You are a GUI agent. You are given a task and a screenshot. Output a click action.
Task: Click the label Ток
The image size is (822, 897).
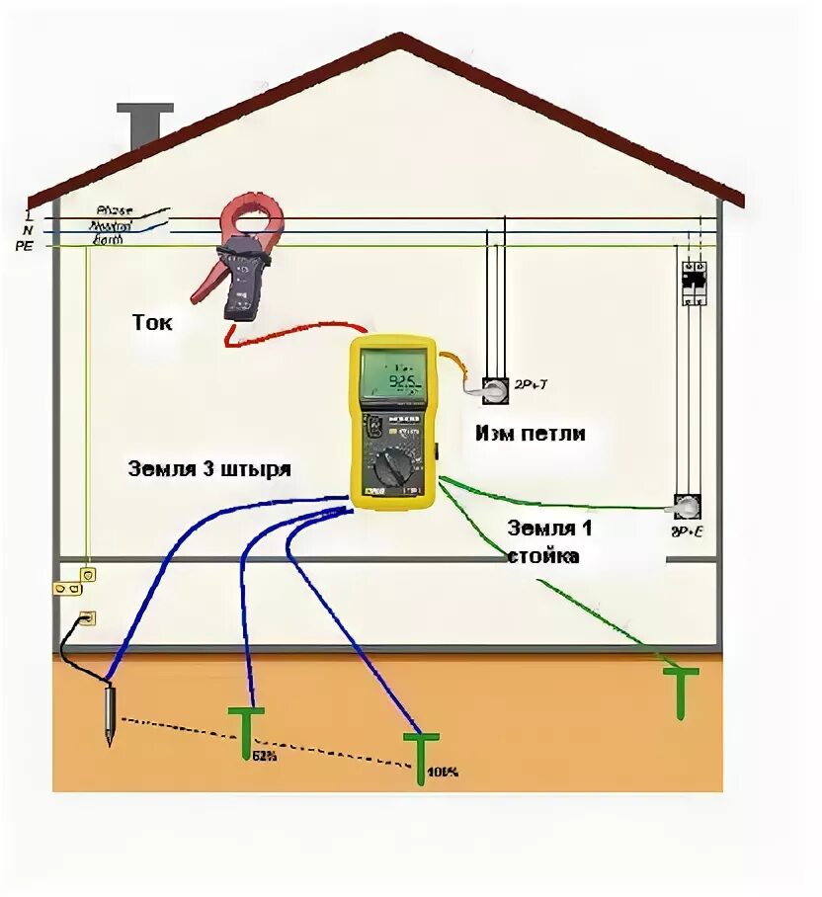(x=152, y=322)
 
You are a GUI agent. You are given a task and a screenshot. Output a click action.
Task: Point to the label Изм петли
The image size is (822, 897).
(x=530, y=432)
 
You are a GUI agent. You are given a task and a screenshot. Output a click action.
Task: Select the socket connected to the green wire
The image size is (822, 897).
(x=687, y=507)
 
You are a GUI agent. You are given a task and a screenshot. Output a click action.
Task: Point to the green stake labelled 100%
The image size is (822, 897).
(x=421, y=748)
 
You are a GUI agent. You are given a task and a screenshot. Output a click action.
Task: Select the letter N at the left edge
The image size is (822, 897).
(x=28, y=229)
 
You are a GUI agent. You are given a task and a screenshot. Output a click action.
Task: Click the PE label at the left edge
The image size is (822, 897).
(x=24, y=245)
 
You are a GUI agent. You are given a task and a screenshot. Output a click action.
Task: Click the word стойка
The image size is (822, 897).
(x=543, y=556)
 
